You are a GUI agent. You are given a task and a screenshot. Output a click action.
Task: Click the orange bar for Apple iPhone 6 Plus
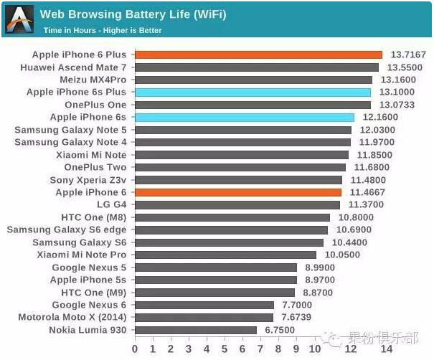click(x=258, y=55)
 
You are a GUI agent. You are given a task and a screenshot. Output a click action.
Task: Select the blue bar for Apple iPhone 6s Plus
click(x=253, y=92)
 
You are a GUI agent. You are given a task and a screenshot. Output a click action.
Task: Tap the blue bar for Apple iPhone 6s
click(x=244, y=117)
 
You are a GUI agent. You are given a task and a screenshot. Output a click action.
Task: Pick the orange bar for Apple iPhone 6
click(x=237, y=192)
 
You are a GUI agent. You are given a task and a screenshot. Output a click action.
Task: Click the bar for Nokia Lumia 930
click(x=195, y=330)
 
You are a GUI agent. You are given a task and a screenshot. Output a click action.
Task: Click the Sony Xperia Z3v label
click(x=88, y=180)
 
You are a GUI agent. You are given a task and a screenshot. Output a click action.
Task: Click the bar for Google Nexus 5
click(x=215, y=267)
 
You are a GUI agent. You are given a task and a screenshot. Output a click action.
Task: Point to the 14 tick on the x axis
click(x=386, y=349)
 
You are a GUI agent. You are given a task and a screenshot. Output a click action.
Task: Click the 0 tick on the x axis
click(x=134, y=349)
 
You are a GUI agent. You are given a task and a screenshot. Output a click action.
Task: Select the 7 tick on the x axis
click(x=261, y=349)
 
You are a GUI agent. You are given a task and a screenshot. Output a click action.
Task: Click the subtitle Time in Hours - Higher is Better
click(x=103, y=30)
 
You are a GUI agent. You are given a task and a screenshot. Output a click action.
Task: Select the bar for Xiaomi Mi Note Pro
click(x=225, y=255)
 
